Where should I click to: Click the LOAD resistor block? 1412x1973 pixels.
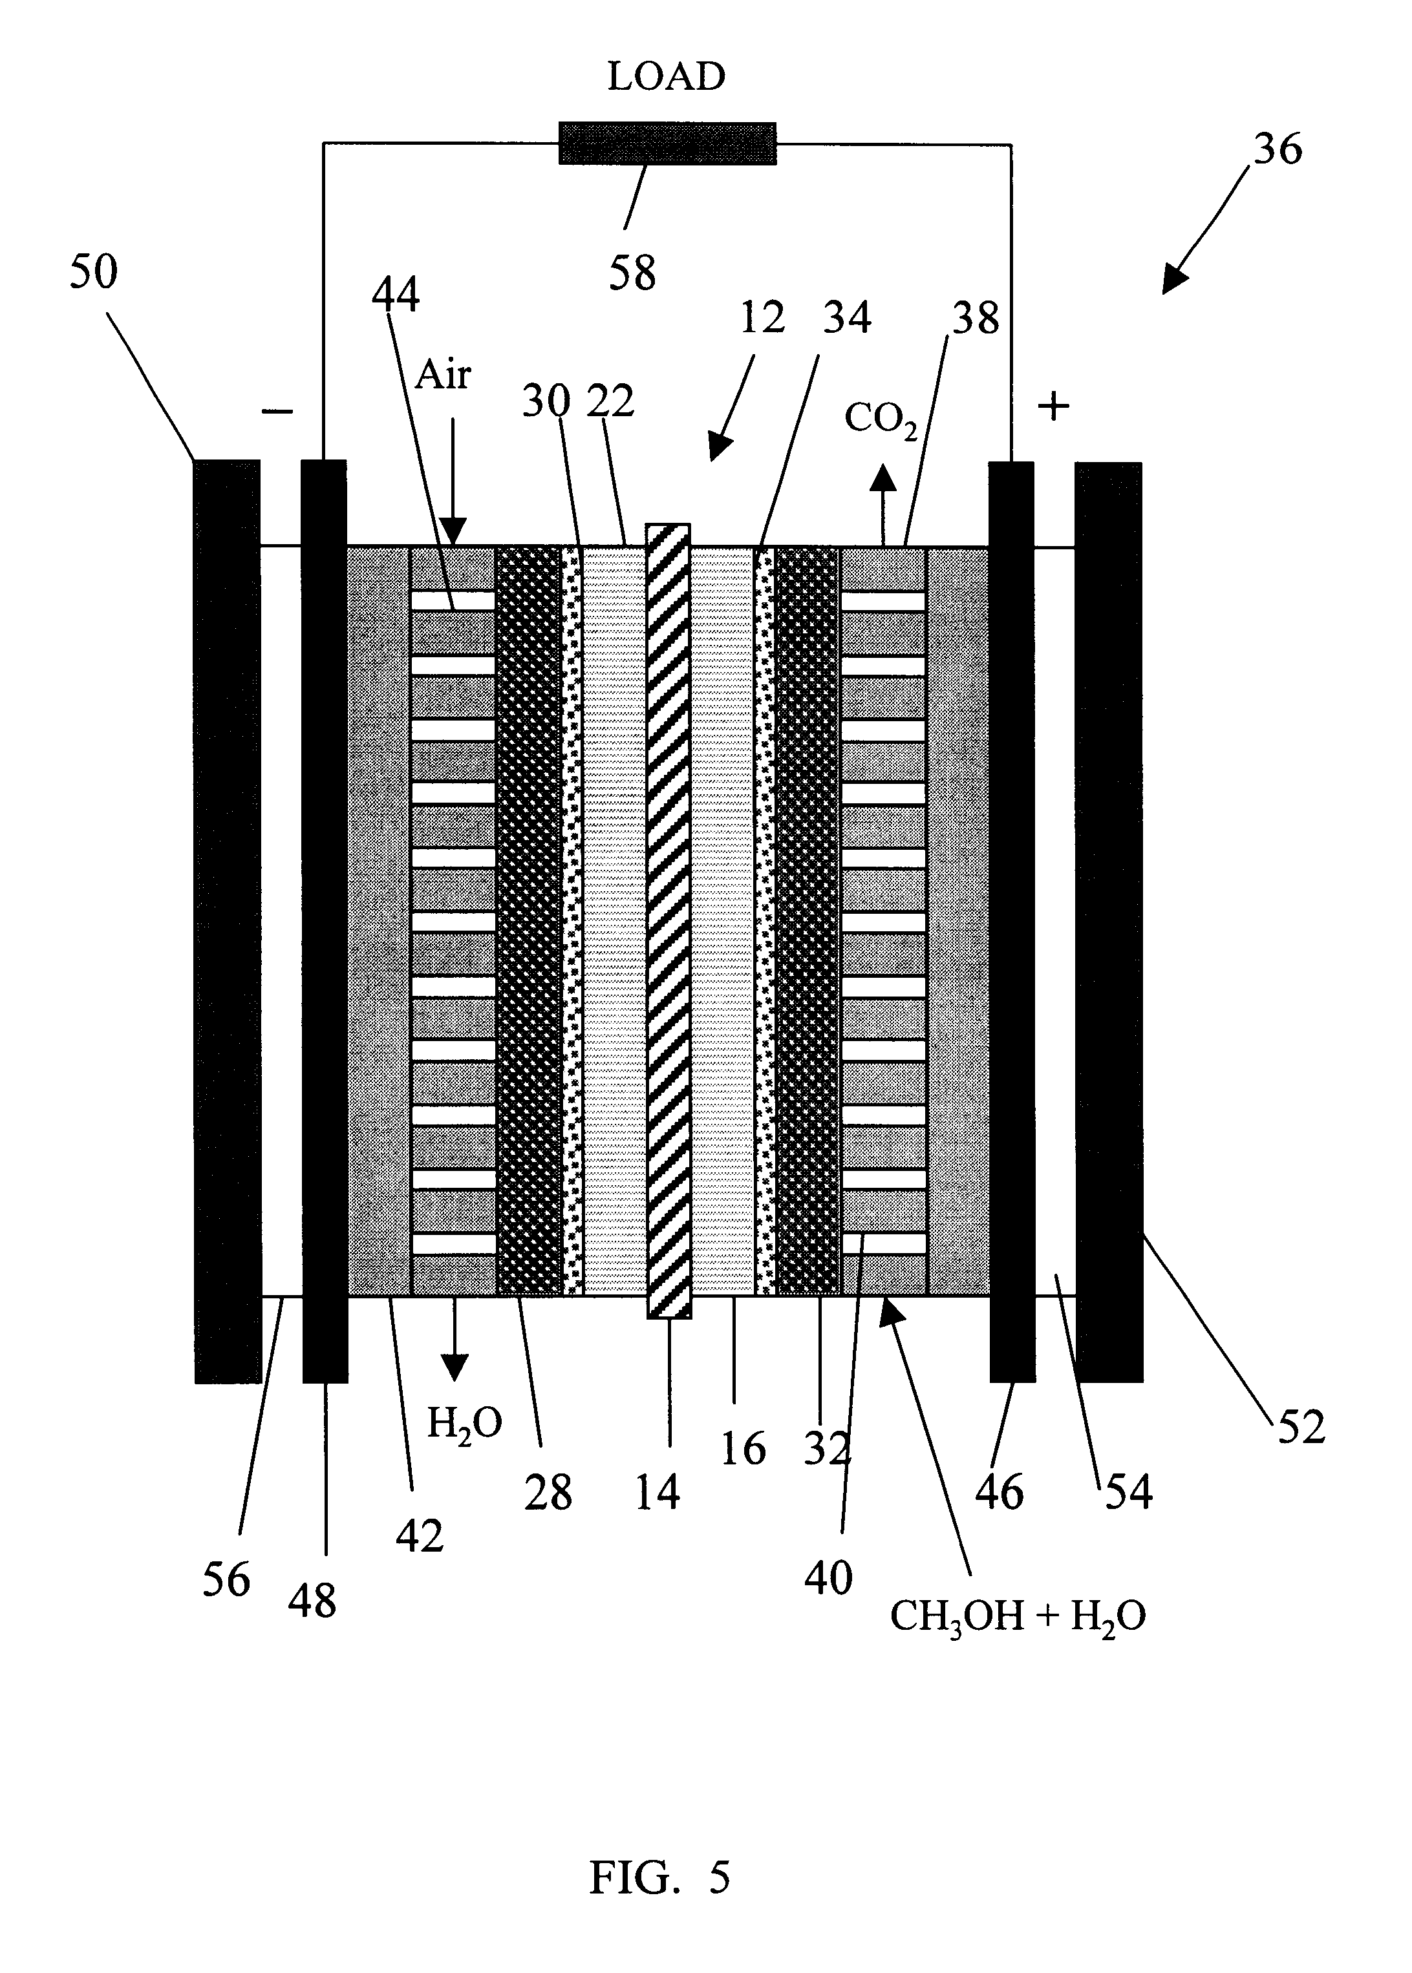pos(667,143)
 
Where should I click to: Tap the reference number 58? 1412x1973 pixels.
pos(632,273)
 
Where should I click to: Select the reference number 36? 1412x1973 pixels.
pos(1278,149)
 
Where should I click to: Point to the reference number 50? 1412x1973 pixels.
pos(93,271)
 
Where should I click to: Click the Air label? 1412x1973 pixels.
pos(443,375)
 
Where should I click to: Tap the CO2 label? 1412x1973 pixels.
pos(881,421)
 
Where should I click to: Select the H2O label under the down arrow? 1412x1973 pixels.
pos(464,1426)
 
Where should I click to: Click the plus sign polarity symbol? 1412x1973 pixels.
pos(1054,406)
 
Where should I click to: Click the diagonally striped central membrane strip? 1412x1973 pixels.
pos(668,922)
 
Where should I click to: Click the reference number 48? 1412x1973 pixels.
pos(312,1600)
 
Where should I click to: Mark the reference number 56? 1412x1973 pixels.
pos(226,1579)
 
